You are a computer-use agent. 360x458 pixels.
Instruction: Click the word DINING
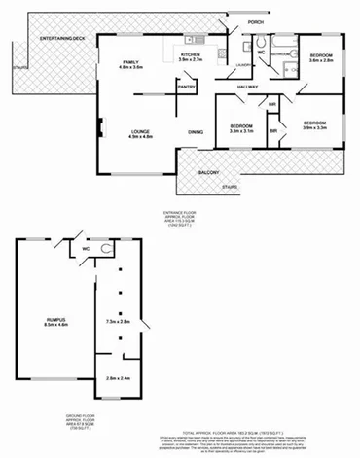(x=196, y=132)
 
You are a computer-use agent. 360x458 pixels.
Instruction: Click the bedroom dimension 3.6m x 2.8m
(x=321, y=60)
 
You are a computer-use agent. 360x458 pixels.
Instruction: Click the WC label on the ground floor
(x=87, y=249)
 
